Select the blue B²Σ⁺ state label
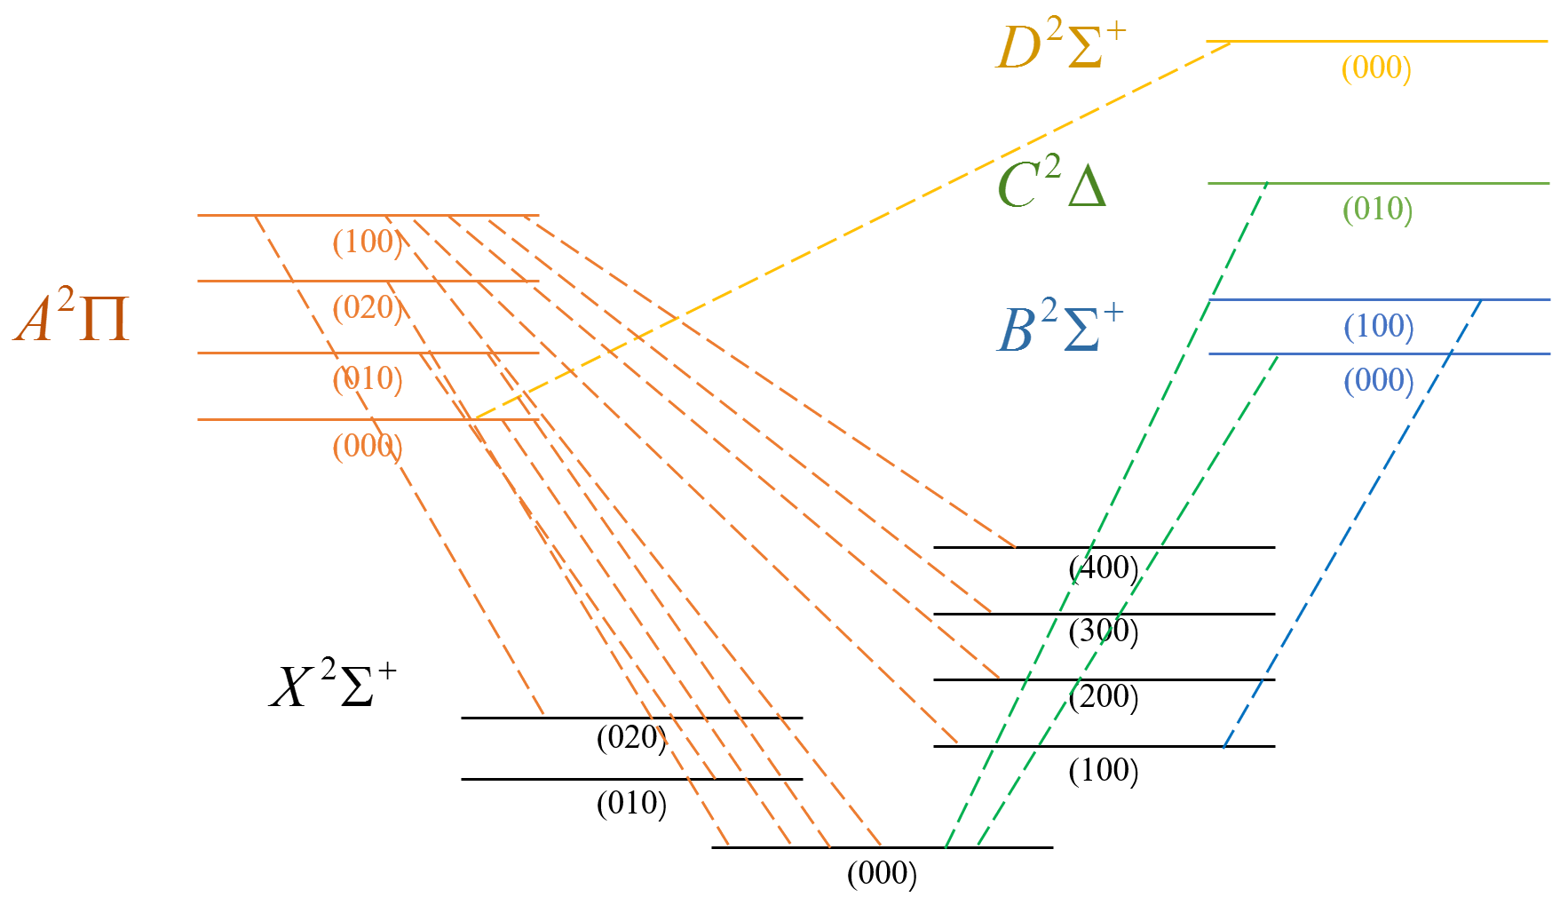click(1059, 329)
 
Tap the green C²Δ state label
click(1051, 185)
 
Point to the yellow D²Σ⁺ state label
click(1060, 45)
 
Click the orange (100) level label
click(367, 242)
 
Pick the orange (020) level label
click(367, 307)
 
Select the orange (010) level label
click(367, 379)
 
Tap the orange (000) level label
click(367, 446)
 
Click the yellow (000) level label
click(1375, 67)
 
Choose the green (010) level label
click(1376, 210)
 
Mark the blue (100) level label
click(1378, 326)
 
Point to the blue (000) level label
click(1378, 380)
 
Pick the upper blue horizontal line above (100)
click(1332, 299)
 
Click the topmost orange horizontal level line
click(222, 215)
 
